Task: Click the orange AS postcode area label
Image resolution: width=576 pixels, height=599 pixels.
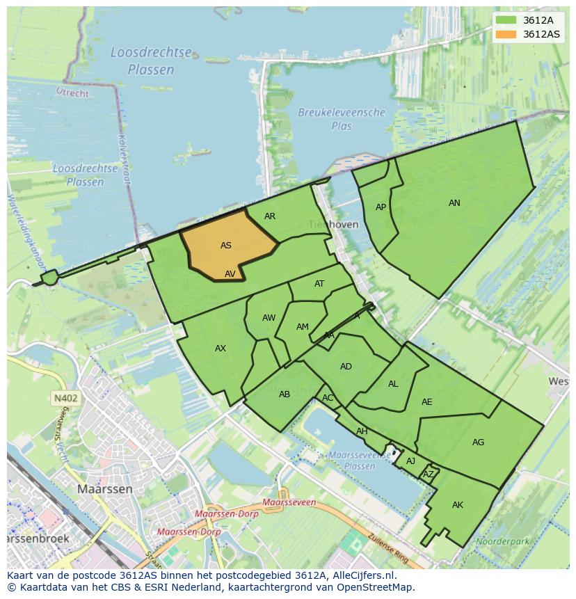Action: click(226, 246)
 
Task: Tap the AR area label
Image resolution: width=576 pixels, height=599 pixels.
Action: click(270, 216)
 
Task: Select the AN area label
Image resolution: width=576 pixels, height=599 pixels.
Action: click(454, 203)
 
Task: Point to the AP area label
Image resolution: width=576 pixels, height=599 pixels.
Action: click(381, 207)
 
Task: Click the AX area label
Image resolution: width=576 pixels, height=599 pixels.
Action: click(221, 349)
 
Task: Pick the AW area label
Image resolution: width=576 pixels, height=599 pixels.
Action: click(269, 318)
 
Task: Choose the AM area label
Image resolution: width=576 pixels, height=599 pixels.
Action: click(302, 327)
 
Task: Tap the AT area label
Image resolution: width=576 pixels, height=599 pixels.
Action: click(319, 284)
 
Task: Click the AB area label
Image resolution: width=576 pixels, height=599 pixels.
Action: click(285, 394)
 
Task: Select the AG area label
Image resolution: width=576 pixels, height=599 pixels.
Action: click(478, 442)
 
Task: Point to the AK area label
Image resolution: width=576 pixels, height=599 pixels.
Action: click(457, 505)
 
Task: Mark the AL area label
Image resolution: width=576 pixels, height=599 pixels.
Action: click(393, 384)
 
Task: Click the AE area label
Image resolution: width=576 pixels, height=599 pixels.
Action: click(427, 402)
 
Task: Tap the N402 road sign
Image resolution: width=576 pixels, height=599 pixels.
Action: click(65, 399)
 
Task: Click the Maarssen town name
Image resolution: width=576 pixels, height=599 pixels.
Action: click(104, 489)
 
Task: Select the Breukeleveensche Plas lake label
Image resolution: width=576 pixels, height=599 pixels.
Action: click(342, 119)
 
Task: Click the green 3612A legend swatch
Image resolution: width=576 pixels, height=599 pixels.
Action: click(506, 20)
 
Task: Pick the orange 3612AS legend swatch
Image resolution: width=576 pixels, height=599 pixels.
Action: click(506, 34)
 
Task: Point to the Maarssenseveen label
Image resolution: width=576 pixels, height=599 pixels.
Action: click(290, 502)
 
